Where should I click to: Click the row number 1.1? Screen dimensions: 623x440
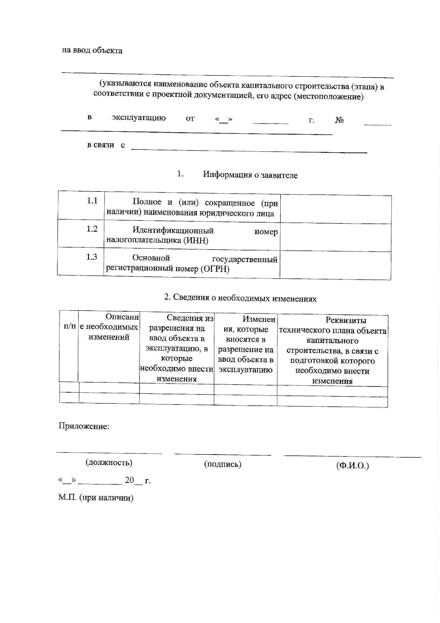pyautogui.click(x=92, y=201)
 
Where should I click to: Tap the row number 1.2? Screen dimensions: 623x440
pyautogui.click(x=92, y=229)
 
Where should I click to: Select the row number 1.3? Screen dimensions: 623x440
pyautogui.click(x=92, y=257)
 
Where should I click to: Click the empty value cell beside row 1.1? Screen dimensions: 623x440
pyautogui.click(x=335, y=210)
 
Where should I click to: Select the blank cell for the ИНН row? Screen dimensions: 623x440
pyautogui.click(x=335, y=238)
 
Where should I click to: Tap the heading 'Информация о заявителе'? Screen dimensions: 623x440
pyautogui.click(x=250, y=175)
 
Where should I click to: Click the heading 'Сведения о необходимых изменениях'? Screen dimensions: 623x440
pyautogui.click(x=240, y=298)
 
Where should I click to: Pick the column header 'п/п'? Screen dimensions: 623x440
pyautogui.click(x=70, y=326)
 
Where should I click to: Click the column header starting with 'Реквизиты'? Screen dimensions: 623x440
pyautogui.click(x=333, y=350)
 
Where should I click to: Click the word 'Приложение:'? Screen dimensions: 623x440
pyautogui.click(x=84, y=426)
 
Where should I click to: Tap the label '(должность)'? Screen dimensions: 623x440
pyautogui.click(x=109, y=462)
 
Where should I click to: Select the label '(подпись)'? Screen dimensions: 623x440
pyautogui.click(x=223, y=464)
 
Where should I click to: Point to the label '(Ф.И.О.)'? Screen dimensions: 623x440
pyautogui.click(x=352, y=466)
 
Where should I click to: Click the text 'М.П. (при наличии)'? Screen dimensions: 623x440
pyautogui.click(x=96, y=498)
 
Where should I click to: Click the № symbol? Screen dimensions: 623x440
pyautogui.click(x=340, y=120)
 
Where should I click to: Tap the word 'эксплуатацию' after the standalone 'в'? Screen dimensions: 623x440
pyautogui.click(x=139, y=118)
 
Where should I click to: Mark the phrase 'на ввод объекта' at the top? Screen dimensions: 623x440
pyautogui.click(x=92, y=50)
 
